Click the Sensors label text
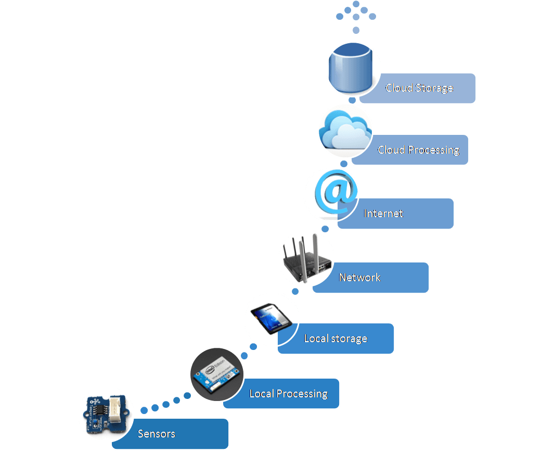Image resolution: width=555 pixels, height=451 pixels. [x=157, y=434]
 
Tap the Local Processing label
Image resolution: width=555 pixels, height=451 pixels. [x=288, y=394]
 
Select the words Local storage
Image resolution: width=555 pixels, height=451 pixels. [x=335, y=339]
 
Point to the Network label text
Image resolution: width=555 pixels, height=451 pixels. [x=359, y=278]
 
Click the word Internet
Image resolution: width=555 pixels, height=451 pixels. [x=383, y=214]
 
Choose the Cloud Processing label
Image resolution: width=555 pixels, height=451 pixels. [x=418, y=150]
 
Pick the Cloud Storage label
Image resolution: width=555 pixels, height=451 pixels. [x=419, y=88]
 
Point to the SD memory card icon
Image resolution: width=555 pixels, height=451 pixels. [x=271, y=318]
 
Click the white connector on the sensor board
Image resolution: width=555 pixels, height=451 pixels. [x=119, y=411]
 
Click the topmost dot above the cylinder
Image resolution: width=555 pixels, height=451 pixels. [x=356, y=4]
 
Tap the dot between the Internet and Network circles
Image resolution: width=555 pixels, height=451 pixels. [x=325, y=229]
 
